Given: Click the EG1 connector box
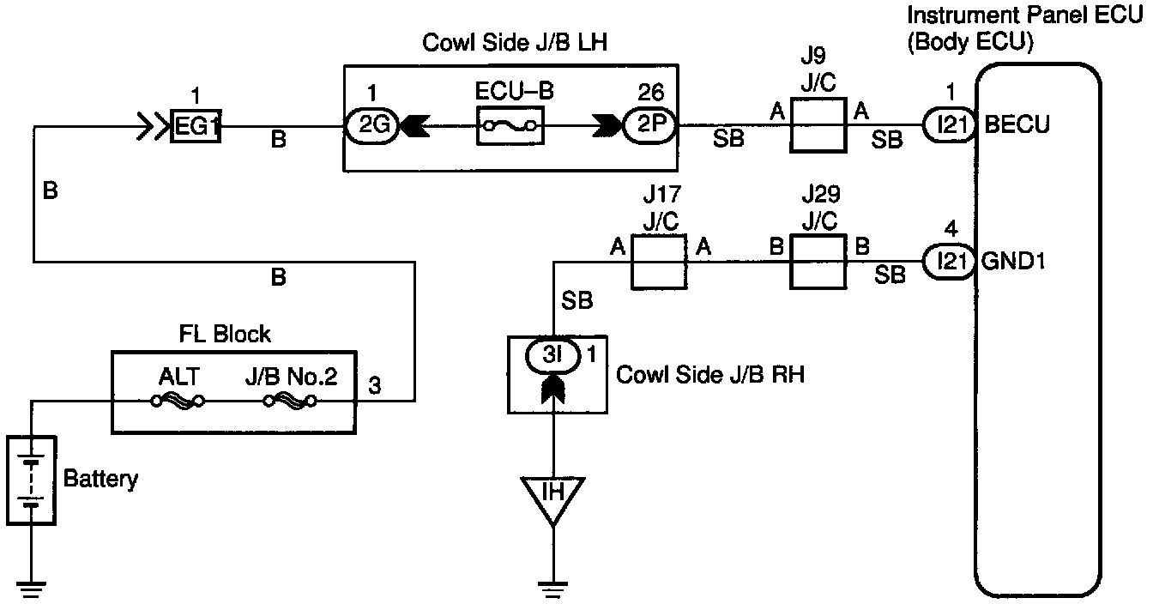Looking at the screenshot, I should (x=196, y=127).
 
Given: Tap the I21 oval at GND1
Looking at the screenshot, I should (x=950, y=262).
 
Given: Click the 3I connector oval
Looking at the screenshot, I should (x=555, y=354).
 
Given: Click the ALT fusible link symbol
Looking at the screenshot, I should (x=178, y=401).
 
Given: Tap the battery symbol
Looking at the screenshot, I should (x=32, y=480).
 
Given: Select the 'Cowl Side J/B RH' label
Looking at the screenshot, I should (x=710, y=375).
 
